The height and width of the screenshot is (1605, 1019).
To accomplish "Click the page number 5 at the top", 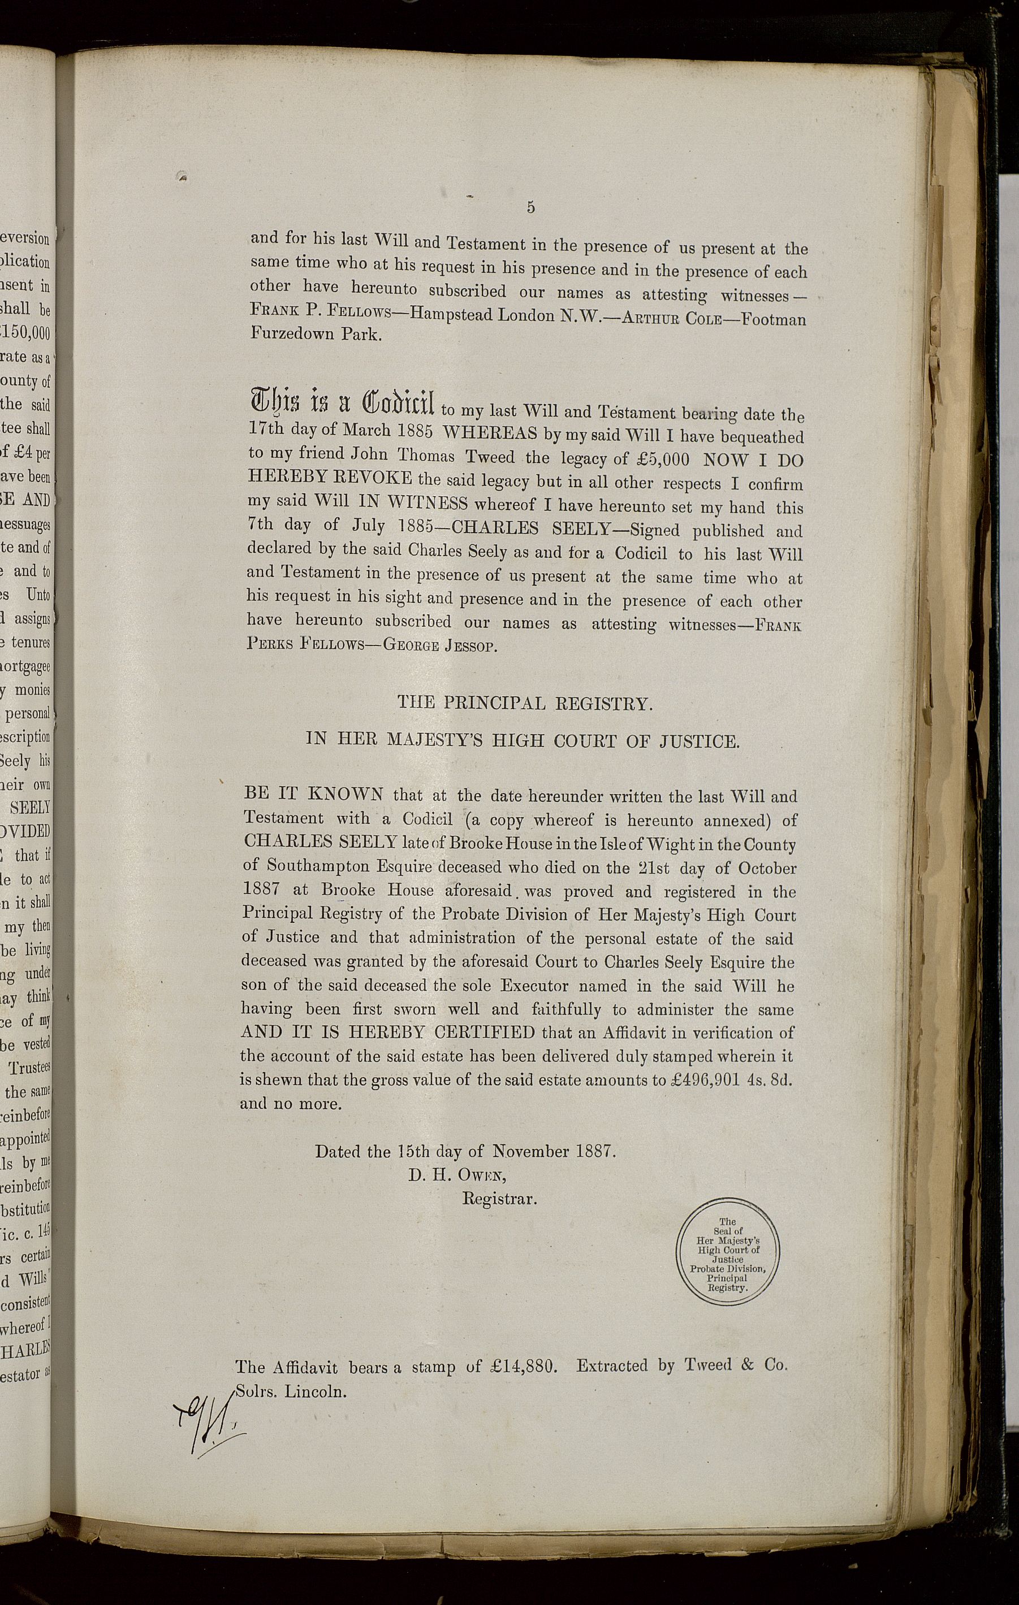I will click(x=530, y=207).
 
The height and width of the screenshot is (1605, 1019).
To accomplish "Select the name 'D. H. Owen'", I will click(x=460, y=1175).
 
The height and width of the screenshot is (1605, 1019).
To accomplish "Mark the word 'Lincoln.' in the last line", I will click(x=312, y=1393).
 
